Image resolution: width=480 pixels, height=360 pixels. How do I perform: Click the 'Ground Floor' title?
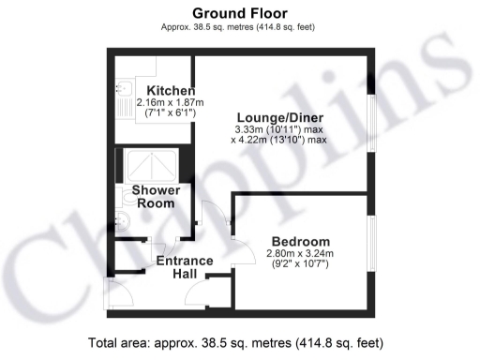tap(239, 13)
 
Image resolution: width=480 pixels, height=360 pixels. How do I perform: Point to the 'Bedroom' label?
tap(300, 241)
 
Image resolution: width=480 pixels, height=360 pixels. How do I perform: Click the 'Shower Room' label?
tap(156, 197)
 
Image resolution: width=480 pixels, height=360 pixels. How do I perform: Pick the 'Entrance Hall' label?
tap(184, 267)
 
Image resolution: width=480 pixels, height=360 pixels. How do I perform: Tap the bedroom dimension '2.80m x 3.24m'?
tap(300, 253)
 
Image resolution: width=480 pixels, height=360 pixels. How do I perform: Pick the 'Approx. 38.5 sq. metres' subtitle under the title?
tap(239, 29)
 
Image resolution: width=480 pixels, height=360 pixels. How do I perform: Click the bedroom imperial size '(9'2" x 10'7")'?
tap(300, 264)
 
